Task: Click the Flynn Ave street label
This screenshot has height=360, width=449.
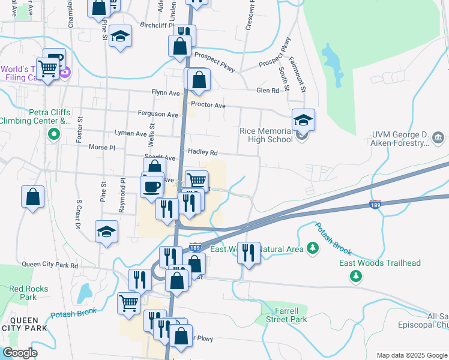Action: click(x=166, y=94)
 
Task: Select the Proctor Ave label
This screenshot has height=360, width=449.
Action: click(x=208, y=105)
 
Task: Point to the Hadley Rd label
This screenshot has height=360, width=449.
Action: click(x=202, y=152)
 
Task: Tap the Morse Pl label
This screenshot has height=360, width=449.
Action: click(x=101, y=147)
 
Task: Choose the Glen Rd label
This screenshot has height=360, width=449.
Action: click(x=268, y=91)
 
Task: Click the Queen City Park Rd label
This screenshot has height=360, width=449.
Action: click(x=50, y=265)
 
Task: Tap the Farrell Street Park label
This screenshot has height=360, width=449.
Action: click(x=282, y=315)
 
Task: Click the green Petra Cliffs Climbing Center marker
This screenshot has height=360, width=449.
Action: click(x=54, y=134)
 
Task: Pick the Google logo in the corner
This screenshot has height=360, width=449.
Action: click(x=20, y=353)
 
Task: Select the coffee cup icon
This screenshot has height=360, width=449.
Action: click(x=151, y=185)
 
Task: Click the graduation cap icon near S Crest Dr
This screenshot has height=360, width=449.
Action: click(x=107, y=232)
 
